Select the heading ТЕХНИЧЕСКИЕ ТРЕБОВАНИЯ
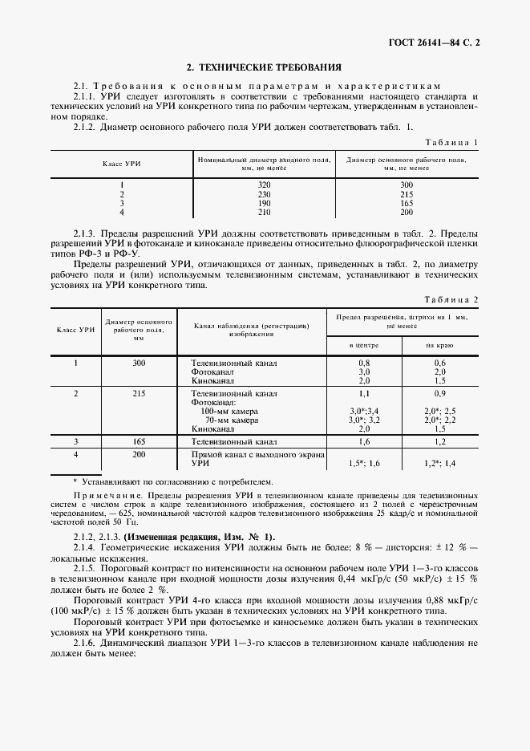pos(264,68)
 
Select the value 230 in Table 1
pos(265,194)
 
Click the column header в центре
pos(364,344)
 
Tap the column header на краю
pos(439,344)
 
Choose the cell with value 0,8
pos(364,363)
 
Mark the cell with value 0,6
pos(439,363)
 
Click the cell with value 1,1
pos(364,395)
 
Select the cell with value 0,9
pos(439,395)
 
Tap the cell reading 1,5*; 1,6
pos(364,464)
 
